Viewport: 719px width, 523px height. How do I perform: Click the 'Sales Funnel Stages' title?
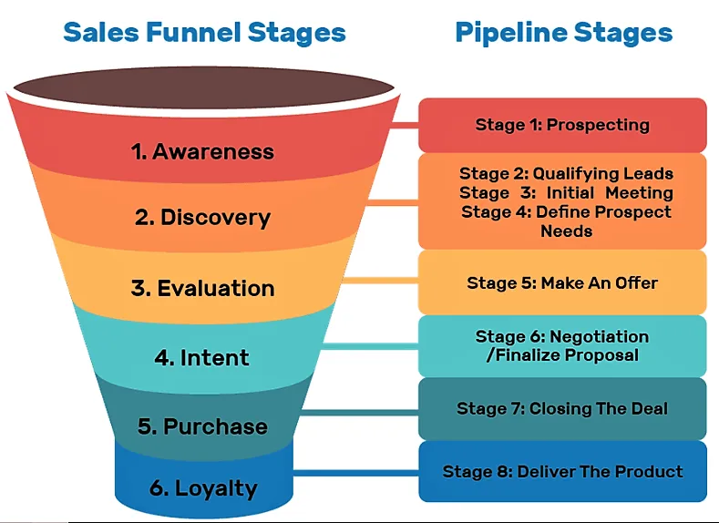coord(204,34)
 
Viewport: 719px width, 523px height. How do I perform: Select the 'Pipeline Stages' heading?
coord(563,34)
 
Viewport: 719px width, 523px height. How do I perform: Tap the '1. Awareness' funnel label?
coord(202,151)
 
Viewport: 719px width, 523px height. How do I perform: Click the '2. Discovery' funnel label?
coord(202,218)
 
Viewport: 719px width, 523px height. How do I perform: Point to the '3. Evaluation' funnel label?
coord(202,288)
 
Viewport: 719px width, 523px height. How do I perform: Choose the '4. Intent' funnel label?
coord(202,357)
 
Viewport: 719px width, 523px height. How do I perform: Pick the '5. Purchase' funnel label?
coord(202,426)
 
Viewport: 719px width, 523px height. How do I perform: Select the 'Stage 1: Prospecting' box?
coord(562,125)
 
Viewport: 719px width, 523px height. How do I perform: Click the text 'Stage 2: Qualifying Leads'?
coord(566,173)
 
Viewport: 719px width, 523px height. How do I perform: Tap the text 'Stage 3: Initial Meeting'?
coord(566,192)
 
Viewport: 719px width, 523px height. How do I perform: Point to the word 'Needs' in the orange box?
coord(566,231)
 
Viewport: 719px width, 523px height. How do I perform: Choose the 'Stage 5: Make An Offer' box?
coord(562,283)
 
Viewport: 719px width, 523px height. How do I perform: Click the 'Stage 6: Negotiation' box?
coord(562,345)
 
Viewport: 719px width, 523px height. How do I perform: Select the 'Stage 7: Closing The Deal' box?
coord(562,408)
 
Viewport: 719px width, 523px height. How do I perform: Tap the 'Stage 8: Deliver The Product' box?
coord(562,471)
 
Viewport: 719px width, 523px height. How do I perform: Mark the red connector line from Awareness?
coord(405,124)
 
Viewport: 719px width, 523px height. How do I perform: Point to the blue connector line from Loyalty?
coord(355,472)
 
